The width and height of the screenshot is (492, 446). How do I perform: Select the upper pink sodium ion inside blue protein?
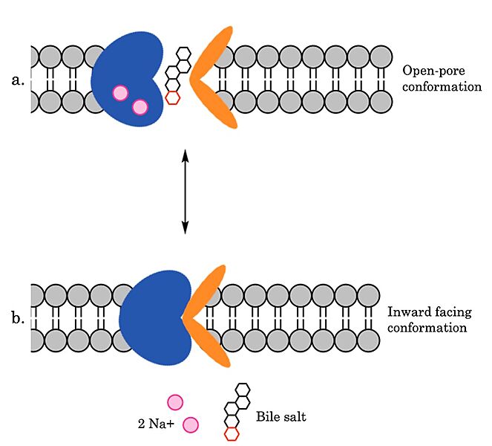tap(119, 92)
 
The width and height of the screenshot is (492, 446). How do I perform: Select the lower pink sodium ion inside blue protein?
tap(140, 107)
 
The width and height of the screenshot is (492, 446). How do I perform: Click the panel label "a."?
tap(19, 79)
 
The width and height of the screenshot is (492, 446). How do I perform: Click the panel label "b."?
tap(19, 320)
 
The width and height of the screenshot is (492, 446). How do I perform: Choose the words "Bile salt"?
tap(281, 417)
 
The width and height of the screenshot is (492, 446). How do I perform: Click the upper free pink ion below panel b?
tap(174, 402)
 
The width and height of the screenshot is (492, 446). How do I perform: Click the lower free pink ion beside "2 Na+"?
tap(191, 424)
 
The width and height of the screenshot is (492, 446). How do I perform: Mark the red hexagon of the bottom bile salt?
tap(232, 433)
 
